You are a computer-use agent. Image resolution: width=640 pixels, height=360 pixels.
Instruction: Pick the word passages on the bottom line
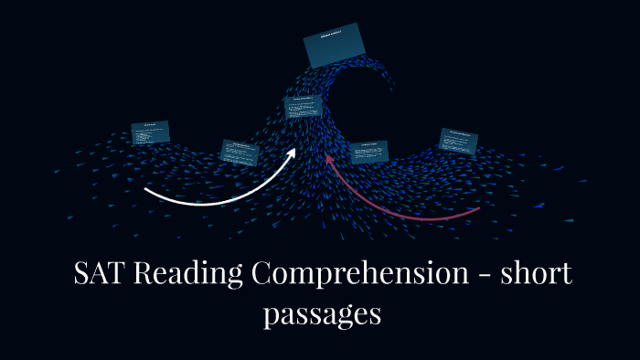coord(321,314)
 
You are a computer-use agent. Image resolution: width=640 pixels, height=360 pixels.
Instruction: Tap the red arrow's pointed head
coord(329,161)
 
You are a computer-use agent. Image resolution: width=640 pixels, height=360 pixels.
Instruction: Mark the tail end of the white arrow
coord(146,191)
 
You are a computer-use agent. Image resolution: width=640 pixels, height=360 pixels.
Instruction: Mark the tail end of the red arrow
coord(478,209)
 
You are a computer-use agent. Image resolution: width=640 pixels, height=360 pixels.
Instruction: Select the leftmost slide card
coord(151,132)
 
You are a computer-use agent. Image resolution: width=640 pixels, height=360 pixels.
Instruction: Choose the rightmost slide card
coord(458,141)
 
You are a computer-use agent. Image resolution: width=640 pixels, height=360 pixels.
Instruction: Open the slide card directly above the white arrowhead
coord(302,107)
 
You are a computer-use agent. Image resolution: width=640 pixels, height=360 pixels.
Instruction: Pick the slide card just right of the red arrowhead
coord(369,152)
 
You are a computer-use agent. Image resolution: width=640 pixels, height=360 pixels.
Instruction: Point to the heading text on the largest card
coord(334,37)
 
